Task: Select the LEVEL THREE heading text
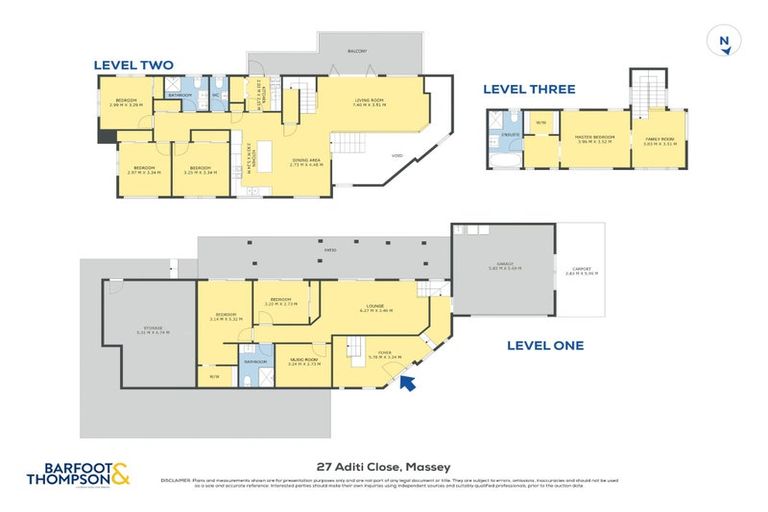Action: [529, 89]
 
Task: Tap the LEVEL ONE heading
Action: [544, 346]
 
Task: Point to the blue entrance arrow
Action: [407, 384]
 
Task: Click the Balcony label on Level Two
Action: [357, 51]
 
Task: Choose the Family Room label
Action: [659, 141]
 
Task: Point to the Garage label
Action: [504, 266]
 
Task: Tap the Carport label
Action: [581, 268]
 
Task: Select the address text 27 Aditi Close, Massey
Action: [383, 466]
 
